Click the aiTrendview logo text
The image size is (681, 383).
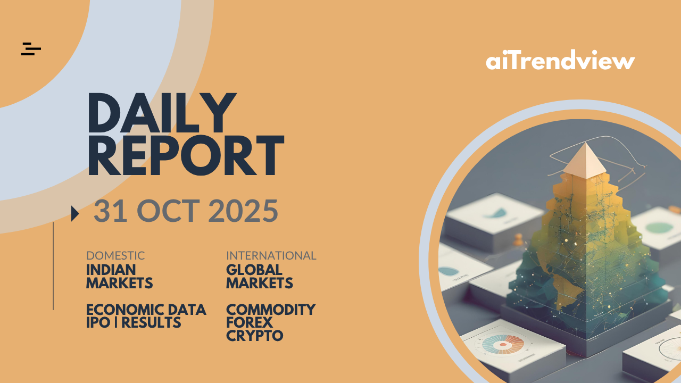560,60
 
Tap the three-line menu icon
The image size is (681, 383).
31,49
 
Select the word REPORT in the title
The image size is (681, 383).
186,155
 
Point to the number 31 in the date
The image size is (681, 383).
110,211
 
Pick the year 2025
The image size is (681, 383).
244,211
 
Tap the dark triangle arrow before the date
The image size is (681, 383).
75,214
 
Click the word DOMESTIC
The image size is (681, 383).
115,256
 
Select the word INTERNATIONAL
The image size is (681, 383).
271,256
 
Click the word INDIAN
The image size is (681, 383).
111,270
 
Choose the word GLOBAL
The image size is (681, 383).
254,270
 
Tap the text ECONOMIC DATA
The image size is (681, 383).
146,310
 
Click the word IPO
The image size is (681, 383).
98,322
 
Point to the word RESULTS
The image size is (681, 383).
151,322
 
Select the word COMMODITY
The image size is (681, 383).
271,310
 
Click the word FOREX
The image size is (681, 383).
250,322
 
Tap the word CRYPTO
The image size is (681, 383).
255,336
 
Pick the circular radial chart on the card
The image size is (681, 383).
503,344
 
